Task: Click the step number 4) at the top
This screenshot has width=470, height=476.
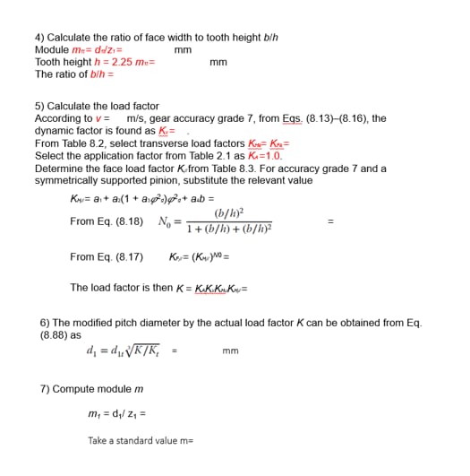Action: (x=38, y=38)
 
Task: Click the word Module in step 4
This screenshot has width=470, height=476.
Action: (x=49, y=49)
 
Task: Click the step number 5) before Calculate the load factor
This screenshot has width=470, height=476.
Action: (x=38, y=106)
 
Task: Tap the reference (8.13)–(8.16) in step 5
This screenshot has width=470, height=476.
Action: (x=331, y=118)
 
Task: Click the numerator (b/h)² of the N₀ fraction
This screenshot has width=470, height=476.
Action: (x=232, y=212)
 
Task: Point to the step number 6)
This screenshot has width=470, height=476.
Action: (x=45, y=321)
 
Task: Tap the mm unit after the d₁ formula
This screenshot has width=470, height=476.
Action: (x=231, y=351)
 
